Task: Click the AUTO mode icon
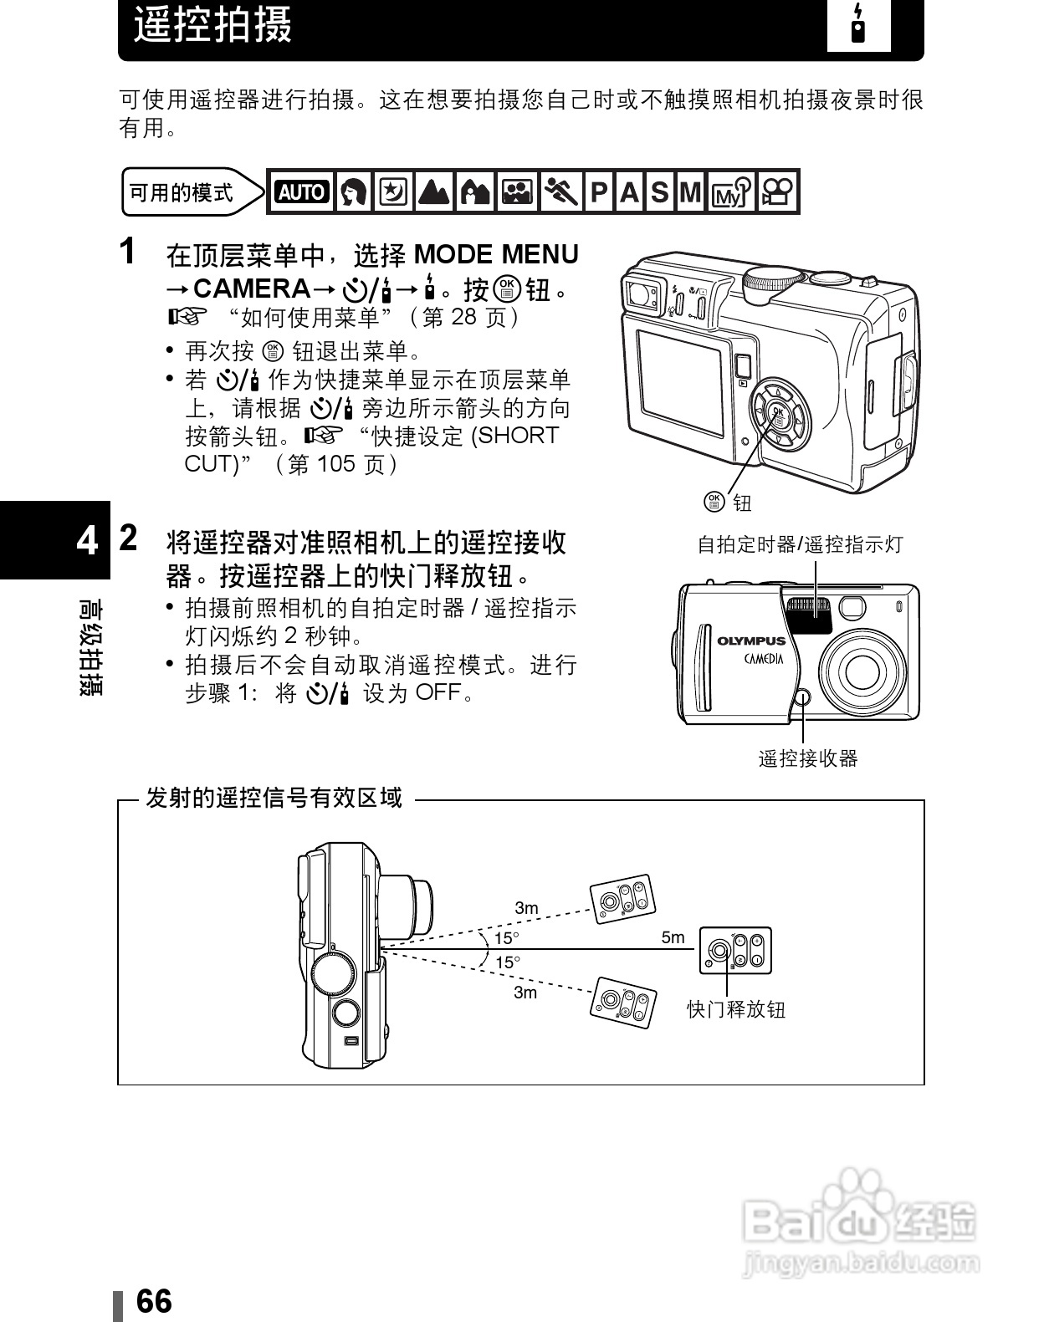pyautogui.click(x=301, y=192)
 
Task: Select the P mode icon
pyautogui.click(x=598, y=192)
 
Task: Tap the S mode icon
pyautogui.click(x=660, y=192)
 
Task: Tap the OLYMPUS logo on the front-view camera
pyautogui.click(x=751, y=641)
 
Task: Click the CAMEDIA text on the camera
pyautogui.click(x=764, y=659)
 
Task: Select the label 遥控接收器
pyautogui.click(x=808, y=758)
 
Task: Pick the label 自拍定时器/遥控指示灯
pyautogui.click(x=801, y=545)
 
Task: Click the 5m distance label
pyautogui.click(x=673, y=937)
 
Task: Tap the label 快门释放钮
pyautogui.click(x=736, y=1009)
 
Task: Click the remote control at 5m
pyautogui.click(x=735, y=951)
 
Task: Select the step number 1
pyautogui.click(x=127, y=252)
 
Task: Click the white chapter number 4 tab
pyautogui.click(x=86, y=542)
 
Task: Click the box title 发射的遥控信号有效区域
pyautogui.click(x=274, y=799)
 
